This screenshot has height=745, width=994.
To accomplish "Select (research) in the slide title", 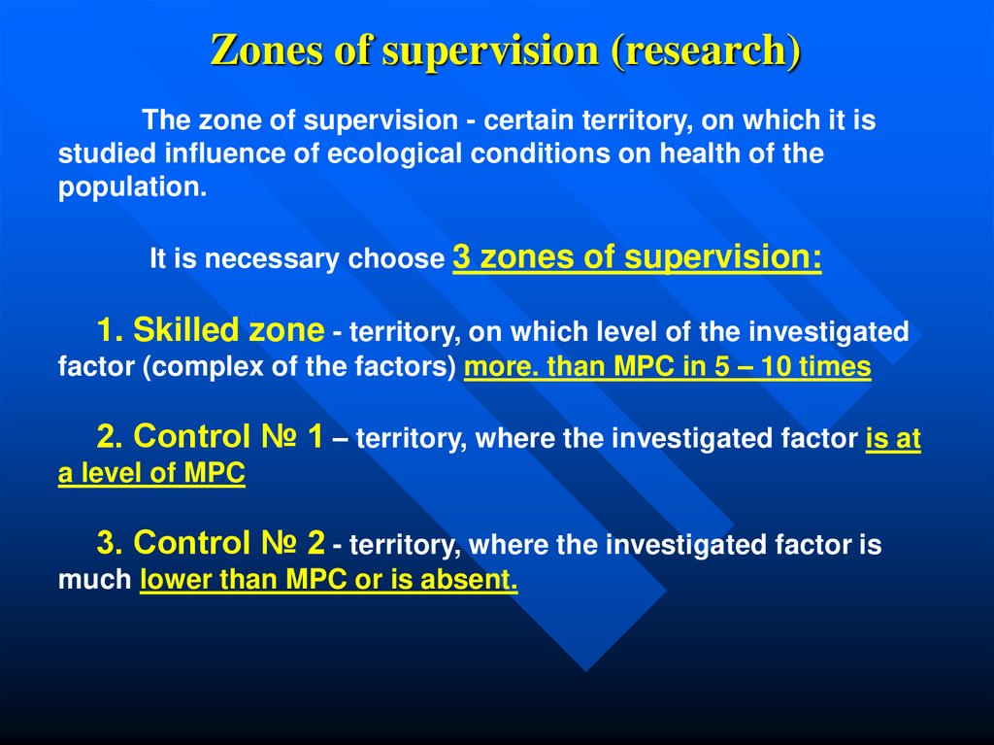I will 706,51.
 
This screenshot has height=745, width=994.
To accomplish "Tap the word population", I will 133,187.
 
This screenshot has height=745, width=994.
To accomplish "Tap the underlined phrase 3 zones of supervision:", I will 637,257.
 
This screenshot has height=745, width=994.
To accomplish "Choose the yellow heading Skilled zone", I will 228,331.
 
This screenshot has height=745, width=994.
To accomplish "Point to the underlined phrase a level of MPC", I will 151,475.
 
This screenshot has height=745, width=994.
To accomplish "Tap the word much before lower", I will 94,581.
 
